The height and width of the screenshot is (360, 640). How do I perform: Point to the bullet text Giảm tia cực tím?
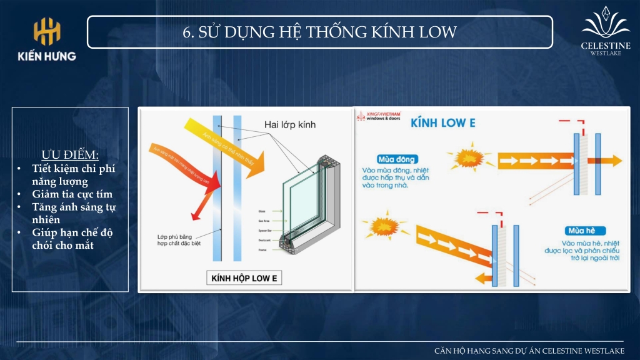(x=72, y=194)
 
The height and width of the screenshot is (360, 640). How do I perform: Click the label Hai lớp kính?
(x=290, y=124)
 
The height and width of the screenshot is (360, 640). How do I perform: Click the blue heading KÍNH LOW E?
(x=442, y=122)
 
